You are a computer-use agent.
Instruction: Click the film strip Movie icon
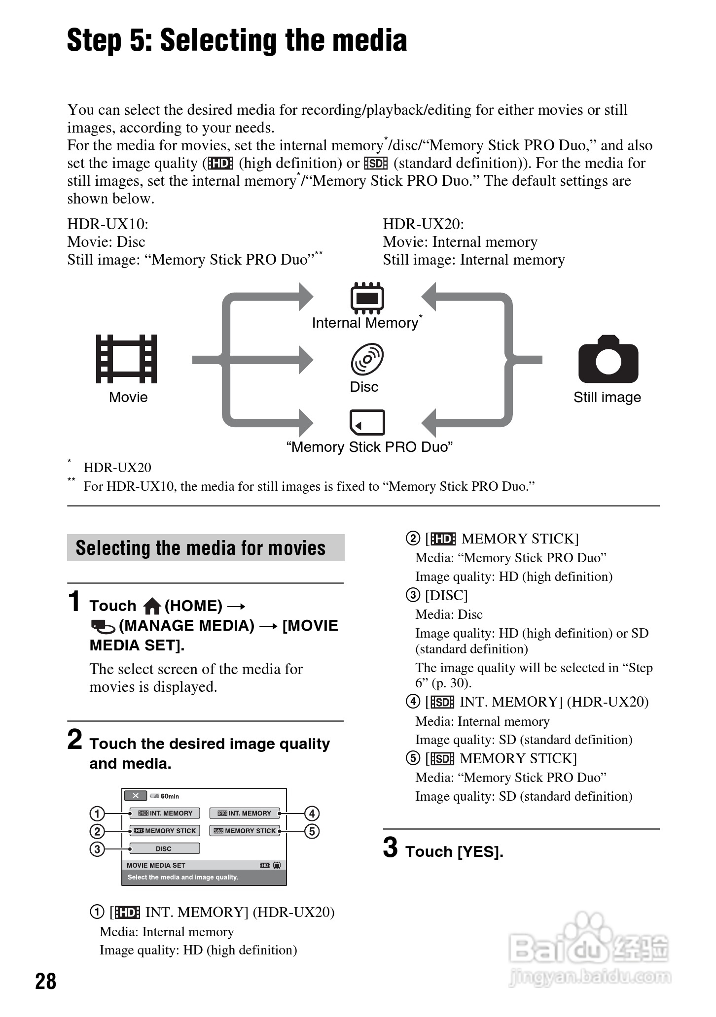point(126,359)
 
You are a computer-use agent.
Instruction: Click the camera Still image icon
point(608,359)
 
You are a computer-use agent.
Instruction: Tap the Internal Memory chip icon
point(367,298)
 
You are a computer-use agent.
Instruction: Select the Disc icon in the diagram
point(367,359)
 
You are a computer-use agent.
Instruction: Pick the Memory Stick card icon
point(367,422)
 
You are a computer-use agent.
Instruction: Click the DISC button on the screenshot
point(164,848)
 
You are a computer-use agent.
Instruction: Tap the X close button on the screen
point(135,796)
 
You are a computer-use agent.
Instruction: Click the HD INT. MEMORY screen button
point(165,813)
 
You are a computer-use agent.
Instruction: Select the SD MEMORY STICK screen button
point(245,831)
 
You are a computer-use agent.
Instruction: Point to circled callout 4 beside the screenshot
point(312,813)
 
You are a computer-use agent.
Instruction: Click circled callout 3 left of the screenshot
point(97,849)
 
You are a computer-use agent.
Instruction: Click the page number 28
point(46,981)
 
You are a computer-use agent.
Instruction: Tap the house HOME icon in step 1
point(152,606)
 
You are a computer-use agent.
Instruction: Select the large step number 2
point(75,740)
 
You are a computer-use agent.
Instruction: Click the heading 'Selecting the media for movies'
point(201,548)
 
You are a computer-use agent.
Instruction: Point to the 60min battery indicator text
point(170,796)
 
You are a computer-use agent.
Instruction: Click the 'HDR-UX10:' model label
point(107,224)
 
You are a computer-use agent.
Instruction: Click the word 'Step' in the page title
point(94,40)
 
